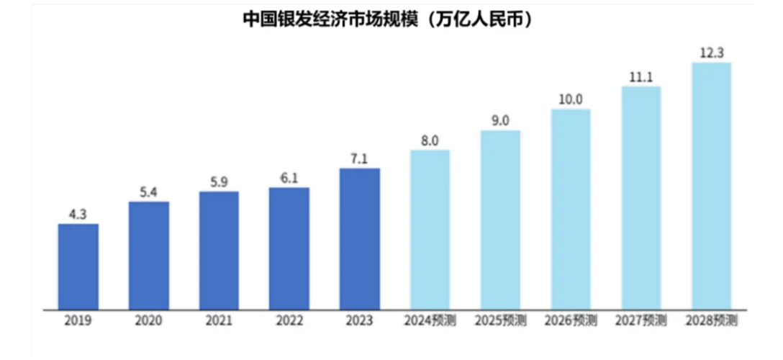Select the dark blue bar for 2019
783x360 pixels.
point(78,266)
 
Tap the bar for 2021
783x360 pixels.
point(219,251)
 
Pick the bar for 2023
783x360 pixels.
point(360,239)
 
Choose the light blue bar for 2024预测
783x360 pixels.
point(430,230)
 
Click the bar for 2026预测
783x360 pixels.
point(571,209)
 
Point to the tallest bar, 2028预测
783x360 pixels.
point(711,186)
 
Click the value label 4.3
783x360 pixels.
point(78,214)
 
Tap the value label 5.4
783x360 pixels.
point(149,192)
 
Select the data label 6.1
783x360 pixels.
point(289,178)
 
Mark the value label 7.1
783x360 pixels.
point(360,158)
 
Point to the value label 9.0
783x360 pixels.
point(500,120)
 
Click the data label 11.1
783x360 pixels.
point(641,76)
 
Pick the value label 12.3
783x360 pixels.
point(711,53)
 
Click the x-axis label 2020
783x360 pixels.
point(149,320)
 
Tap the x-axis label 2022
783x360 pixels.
point(289,320)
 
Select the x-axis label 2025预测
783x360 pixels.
point(500,320)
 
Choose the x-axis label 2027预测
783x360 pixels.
point(641,320)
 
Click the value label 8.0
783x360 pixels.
point(430,140)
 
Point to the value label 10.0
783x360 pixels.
point(571,99)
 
